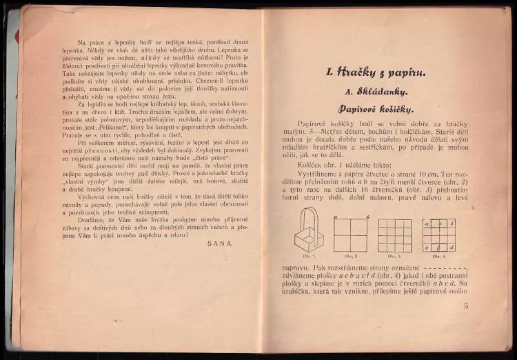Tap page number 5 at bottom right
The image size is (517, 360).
click(x=466, y=306)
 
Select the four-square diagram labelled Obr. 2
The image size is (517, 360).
click(x=352, y=234)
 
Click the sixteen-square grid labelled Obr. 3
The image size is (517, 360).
click(x=395, y=235)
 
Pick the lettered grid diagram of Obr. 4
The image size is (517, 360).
click(x=439, y=235)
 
